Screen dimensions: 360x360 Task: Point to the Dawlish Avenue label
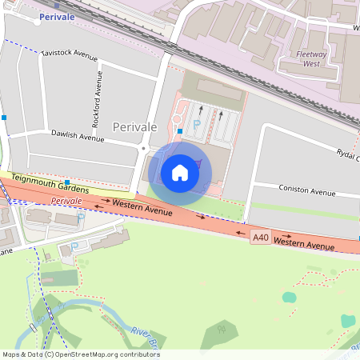[x=78, y=137]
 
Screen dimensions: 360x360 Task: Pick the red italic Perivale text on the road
[x=67, y=200]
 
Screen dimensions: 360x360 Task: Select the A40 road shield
[x=259, y=237]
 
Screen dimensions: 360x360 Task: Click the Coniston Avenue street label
[x=306, y=191]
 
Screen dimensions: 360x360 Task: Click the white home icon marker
[x=180, y=172]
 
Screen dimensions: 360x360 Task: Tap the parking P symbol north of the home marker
[x=195, y=124]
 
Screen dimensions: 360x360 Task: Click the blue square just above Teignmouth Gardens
[x=69, y=182]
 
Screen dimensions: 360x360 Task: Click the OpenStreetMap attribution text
[x=80, y=354]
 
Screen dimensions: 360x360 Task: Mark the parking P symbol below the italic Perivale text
[x=81, y=217]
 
